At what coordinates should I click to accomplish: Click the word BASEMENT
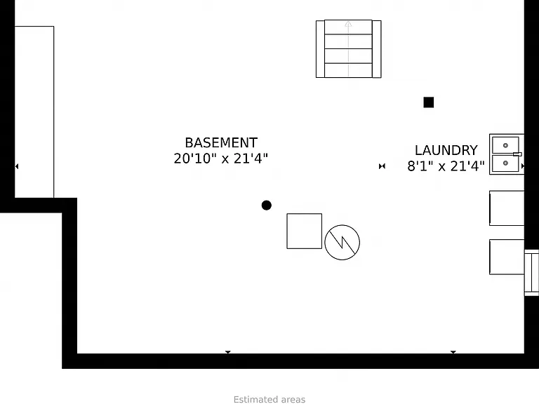coord(221,142)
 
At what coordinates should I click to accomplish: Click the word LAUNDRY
coord(446,150)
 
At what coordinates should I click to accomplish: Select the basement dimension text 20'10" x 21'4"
coord(220,159)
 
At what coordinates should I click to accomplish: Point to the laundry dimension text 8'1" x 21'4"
coord(446,166)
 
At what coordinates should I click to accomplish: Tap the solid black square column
coord(429,102)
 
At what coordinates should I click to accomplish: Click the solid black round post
coord(267,206)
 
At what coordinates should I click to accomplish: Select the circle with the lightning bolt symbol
coord(342,242)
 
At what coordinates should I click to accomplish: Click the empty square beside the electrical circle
coord(304,231)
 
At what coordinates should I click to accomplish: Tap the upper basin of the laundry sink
coord(505,145)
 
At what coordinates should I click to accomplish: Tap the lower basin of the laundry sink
coord(505,163)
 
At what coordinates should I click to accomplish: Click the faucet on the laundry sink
coord(517,154)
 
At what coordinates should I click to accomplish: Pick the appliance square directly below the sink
coord(507,208)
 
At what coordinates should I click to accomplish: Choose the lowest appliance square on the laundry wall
coord(507,257)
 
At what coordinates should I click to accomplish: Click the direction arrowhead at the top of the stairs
coord(348,24)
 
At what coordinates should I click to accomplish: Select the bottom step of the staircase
coord(348,70)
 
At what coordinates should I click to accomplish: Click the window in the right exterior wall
coord(531,273)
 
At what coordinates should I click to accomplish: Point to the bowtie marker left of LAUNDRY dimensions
coord(382,166)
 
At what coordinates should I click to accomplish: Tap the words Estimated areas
coord(269,400)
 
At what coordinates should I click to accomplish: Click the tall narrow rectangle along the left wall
coord(34,112)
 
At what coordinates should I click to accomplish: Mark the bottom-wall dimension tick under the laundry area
coord(453,352)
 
